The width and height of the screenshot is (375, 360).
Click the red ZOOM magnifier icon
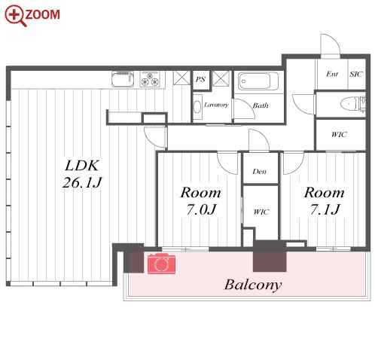click(x=15, y=16)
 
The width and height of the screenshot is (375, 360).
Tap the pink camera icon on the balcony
click(x=161, y=264)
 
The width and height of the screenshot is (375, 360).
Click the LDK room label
click(x=82, y=166)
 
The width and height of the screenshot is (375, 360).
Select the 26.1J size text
click(x=82, y=182)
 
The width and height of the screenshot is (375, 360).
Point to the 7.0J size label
click(x=201, y=209)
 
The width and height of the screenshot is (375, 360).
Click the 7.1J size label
click(x=325, y=209)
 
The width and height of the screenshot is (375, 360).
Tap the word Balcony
click(x=253, y=285)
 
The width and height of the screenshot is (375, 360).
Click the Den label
click(x=260, y=172)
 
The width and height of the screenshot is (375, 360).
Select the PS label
click(x=200, y=80)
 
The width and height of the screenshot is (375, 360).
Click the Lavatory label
click(x=216, y=105)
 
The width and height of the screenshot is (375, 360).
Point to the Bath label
click(x=261, y=105)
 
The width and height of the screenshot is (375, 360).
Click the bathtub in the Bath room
click(x=258, y=81)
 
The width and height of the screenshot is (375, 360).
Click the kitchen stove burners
click(x=150, y=79)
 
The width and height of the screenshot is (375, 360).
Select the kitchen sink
click(x=123, y=79)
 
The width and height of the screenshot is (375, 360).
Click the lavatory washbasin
click(x=197, y=107)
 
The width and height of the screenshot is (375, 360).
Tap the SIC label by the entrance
click(x=356, y=74)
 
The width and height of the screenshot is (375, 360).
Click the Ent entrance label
click(x=332, y=74)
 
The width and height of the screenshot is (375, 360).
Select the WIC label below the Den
click(x=261, y=212)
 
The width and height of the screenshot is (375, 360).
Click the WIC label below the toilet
click(x=339, y=135)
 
